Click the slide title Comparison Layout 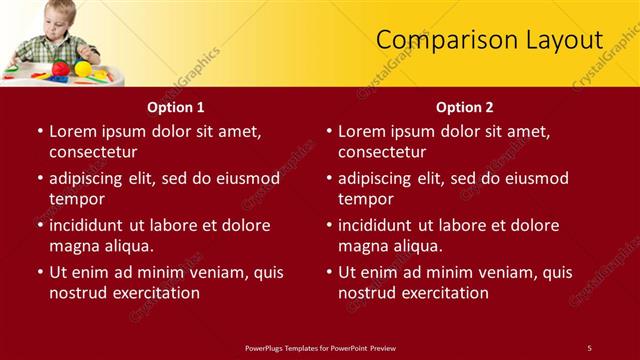click(x=489, y=40)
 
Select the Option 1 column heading click(x=176, y=107)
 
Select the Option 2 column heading click(x=465, y=107)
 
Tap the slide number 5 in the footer click(x=589, y=347)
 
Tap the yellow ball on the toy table click(x=83, y=68)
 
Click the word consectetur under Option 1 click(x=93, y=152)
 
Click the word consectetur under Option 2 click(x=382, y=152)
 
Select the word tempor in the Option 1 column click(x=76, y=199)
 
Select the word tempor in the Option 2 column click(x=365, y=199)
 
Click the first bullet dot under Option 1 click(x=40, y=131)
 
